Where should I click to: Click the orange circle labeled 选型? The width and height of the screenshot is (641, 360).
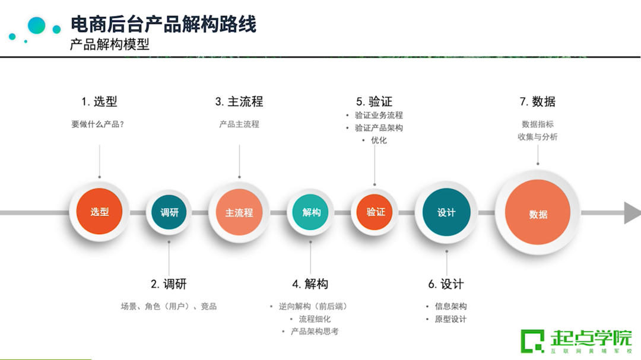[99, 212]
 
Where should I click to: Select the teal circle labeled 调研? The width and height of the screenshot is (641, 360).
[169, 212]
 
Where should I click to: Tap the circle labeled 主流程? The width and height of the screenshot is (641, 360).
[239, 212]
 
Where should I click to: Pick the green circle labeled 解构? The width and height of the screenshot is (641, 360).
[311, 212]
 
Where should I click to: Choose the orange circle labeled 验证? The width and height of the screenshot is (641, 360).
[375, 212]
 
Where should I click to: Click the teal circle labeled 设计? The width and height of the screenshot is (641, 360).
[446, 212]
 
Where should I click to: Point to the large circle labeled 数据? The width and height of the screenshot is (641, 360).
[538, 214]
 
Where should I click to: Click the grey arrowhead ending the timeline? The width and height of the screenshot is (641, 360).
[632, 212]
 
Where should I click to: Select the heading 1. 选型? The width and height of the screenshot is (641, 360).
[99, 101]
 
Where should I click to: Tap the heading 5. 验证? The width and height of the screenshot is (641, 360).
[375, 101]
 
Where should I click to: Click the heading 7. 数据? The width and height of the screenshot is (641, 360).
[538, 101]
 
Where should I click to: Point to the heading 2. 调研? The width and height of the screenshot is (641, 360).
[169, 284]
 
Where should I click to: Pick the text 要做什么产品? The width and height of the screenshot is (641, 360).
[98, 125]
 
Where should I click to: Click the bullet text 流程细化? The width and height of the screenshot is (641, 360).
[315, 319]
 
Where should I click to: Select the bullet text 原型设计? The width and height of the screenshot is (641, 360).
[450, 319]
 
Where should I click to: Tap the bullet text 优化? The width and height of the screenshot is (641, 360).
[379, 141]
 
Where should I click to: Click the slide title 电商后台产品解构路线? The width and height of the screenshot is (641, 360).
[164, 24]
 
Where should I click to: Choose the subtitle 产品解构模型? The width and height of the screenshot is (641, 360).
[110, 44]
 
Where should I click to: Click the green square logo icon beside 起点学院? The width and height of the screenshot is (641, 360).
[532, 341]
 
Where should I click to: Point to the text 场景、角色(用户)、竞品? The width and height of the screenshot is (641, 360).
[169, 307]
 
